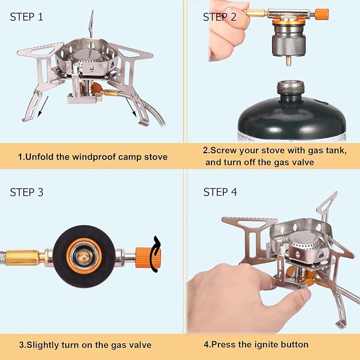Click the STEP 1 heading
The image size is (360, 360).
pyautogui.click(x=27, y=16)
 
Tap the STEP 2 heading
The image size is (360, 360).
pyautogui.click(x=219, y=17)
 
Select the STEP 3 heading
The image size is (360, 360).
pyautogui.click(x=27, y=192)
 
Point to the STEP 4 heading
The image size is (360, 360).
pyautogui.click(x=220, y=192)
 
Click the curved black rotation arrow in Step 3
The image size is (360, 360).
pyautogui.click(x=154, y=253)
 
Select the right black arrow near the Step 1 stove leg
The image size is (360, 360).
pyautogui.click(x=129, y=109)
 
